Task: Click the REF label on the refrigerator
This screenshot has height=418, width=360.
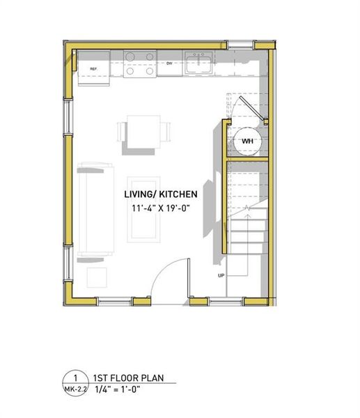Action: [x=93, y=69]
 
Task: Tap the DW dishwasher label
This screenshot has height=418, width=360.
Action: [x=169, y=63]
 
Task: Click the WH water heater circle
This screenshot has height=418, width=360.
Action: [x=247, y=141]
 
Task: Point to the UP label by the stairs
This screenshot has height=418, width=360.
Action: [x=221, y=276]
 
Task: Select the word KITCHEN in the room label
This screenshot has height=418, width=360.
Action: [x=180, y=194]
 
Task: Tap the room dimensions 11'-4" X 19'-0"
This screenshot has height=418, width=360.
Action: [x=161, y=208]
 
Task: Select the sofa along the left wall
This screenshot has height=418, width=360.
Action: [x=95, y=208]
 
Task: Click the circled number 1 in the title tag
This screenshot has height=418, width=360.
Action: [x=77, y=377]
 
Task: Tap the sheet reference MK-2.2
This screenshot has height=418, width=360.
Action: [x=77, y=388]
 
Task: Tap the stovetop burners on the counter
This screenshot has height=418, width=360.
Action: [x=139, y=64]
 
